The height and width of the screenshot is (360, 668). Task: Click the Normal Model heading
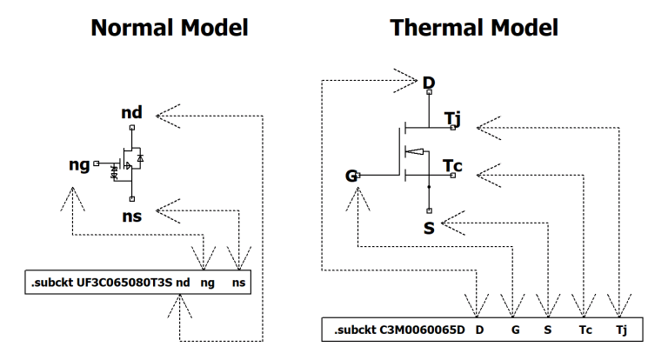point(171,28)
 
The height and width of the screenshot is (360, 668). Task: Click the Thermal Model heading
point(475,28)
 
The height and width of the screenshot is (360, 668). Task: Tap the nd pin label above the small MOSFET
point(131,114)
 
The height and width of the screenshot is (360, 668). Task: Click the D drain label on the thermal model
point(428,83)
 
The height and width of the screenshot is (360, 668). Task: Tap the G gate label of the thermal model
point(351,177)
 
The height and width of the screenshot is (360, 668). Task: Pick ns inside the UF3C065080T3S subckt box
point(237,283)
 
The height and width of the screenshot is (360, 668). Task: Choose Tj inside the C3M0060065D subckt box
point(620,331)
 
